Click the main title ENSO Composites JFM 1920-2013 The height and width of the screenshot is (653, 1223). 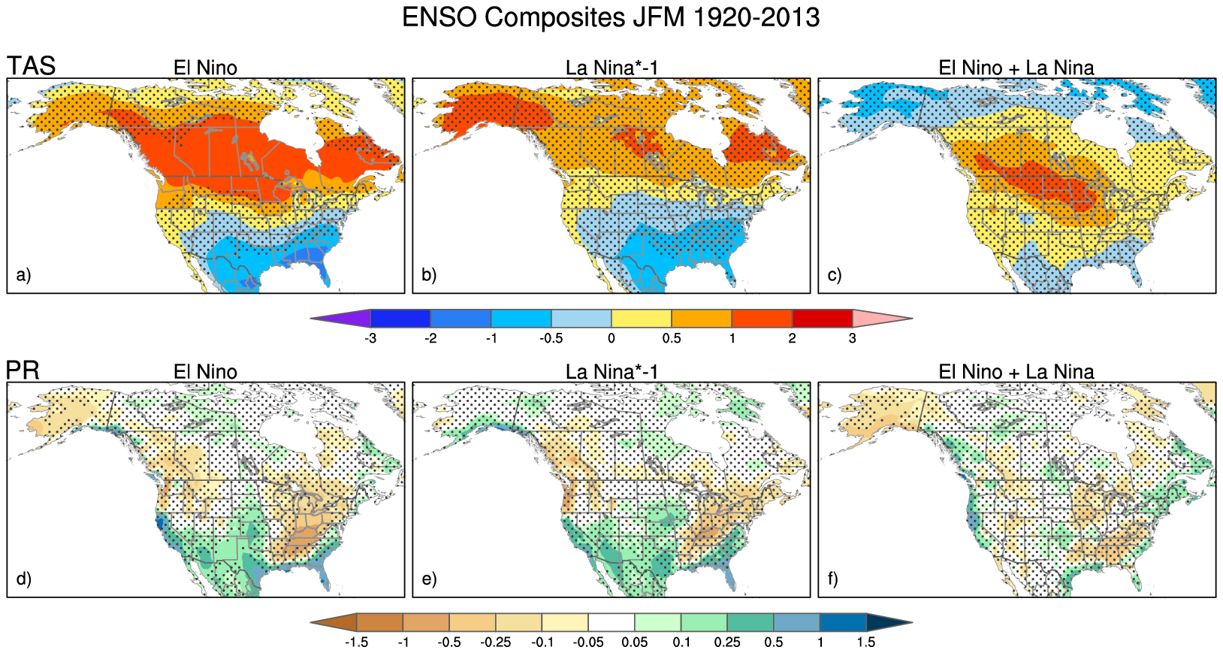(611, 17)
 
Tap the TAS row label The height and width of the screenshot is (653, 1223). (32, 66)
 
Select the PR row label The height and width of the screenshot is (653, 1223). (23, 370)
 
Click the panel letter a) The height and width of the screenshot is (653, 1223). (24, 275)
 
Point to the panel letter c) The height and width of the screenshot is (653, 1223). (835, 275)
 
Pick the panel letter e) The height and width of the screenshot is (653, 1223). (429, 579)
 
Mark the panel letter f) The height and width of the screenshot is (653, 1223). (833, 579)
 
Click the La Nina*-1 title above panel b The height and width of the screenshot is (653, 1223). (611, 68)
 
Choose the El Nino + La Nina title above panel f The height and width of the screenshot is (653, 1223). (1016, 372)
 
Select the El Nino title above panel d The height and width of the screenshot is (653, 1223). (205, 372)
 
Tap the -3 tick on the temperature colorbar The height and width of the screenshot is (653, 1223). (370, 338)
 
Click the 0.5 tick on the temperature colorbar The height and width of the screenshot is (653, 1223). (672, 338)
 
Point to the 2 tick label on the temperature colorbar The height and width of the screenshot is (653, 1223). (792, 338)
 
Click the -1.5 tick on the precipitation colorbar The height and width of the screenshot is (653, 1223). (356, 642)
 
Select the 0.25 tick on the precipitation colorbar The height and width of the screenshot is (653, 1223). (727, 642)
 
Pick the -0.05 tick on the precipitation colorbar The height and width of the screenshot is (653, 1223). (588, 642)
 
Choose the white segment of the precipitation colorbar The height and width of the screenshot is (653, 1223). (611, 622)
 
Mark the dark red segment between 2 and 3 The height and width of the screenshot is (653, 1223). (822, 319)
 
